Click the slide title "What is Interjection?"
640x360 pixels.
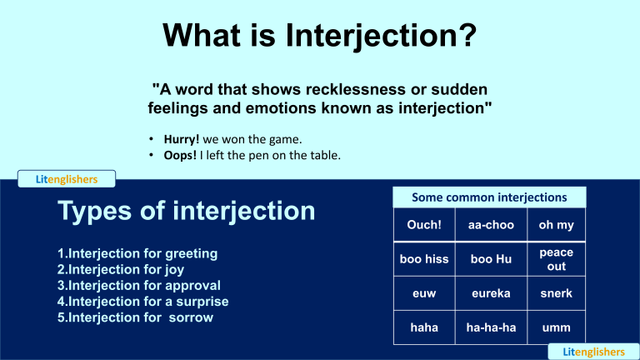(320, 36)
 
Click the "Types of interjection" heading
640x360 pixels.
(186, 210)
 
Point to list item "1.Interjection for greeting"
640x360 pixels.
(137, 252)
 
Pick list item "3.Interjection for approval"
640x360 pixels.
(133, 285)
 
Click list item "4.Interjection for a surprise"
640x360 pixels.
(142, 301)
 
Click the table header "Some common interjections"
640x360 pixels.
(489, 197)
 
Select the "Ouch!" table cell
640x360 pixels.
(424, 226)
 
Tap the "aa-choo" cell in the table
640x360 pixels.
(491, 226)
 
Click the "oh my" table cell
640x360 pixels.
(556, 226)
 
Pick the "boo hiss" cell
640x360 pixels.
(424, 259)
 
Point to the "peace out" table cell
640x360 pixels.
(556, 259)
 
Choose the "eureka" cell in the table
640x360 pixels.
(491, 293)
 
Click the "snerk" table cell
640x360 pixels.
(556, 293)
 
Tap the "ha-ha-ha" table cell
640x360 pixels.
(491, 327)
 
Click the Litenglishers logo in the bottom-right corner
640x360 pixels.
(593, 352)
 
